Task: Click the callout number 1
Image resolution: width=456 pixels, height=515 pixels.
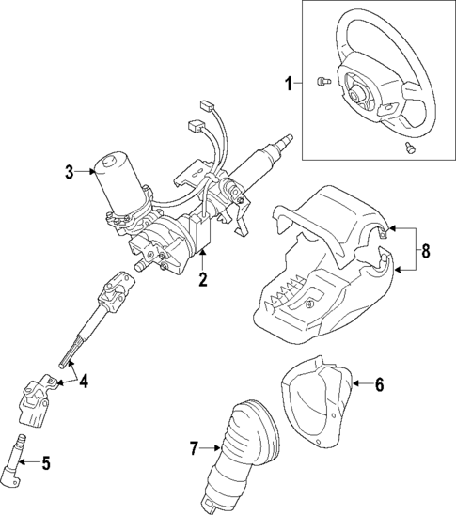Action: coord(289,84)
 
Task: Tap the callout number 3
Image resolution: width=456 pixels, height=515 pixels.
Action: coord(70,171)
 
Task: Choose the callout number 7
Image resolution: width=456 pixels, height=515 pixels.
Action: coord(196,449)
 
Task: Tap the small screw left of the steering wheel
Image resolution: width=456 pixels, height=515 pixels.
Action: coord(322,81)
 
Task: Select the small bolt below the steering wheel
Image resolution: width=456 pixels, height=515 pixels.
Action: coord(407,148)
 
